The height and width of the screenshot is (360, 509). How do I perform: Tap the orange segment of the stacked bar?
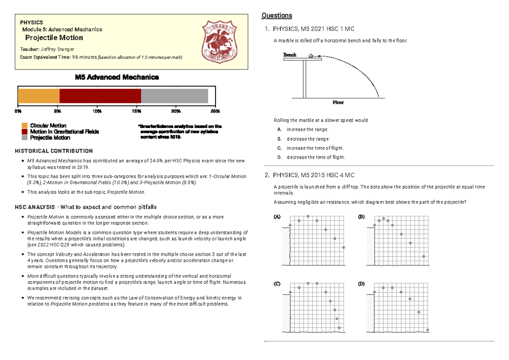coord(39,95)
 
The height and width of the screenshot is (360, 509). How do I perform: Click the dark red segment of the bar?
coord(100,95)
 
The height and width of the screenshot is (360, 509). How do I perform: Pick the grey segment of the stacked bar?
coord(174,95)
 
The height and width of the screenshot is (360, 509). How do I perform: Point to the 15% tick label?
coord(136,111)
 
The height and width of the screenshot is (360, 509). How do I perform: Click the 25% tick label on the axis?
coord(215,111)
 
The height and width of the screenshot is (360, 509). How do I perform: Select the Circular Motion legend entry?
coord(48,126)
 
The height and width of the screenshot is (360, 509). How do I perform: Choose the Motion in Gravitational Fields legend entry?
coord(64,131)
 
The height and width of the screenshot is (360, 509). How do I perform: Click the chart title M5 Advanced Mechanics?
coord(117,77)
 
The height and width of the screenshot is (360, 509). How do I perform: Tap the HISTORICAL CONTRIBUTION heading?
coord(54,151)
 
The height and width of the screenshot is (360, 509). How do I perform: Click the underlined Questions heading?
coord(277,16)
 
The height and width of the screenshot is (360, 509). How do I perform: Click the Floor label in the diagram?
coord(338,102)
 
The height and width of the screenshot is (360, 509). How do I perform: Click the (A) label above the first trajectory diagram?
coord(277,217)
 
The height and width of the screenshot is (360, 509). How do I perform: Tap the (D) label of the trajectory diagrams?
coord(361,284)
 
